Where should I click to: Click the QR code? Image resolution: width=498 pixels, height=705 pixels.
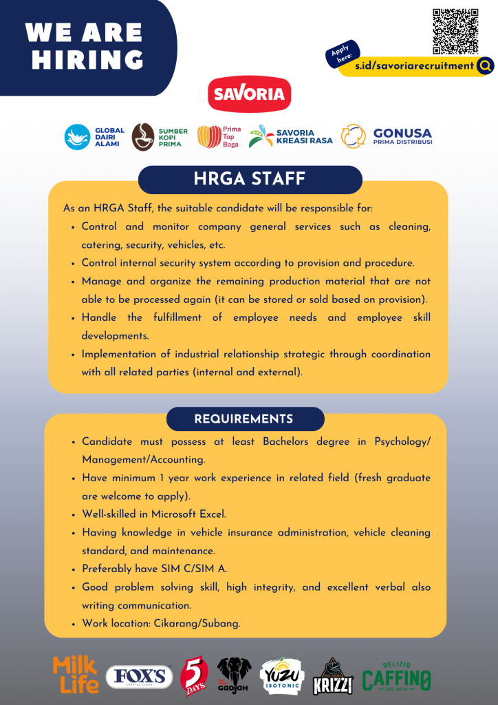[455, 31]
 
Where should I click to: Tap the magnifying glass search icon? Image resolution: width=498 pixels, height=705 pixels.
[486, 66]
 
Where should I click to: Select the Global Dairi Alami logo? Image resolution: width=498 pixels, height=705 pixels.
[95, 136]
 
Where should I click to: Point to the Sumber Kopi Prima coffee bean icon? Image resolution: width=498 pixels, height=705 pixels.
[143, 136]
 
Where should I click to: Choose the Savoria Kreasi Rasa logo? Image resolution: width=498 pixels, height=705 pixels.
[290, 136]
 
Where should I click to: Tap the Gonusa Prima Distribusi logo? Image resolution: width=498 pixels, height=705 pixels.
[387, 136]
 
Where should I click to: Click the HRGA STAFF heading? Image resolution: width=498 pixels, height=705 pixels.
[250, 180]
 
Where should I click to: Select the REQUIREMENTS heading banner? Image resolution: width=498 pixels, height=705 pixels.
[243, 419]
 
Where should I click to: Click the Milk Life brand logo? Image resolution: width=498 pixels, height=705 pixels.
[75, 674]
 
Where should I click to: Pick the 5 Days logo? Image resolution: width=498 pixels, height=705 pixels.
[193, 675]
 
